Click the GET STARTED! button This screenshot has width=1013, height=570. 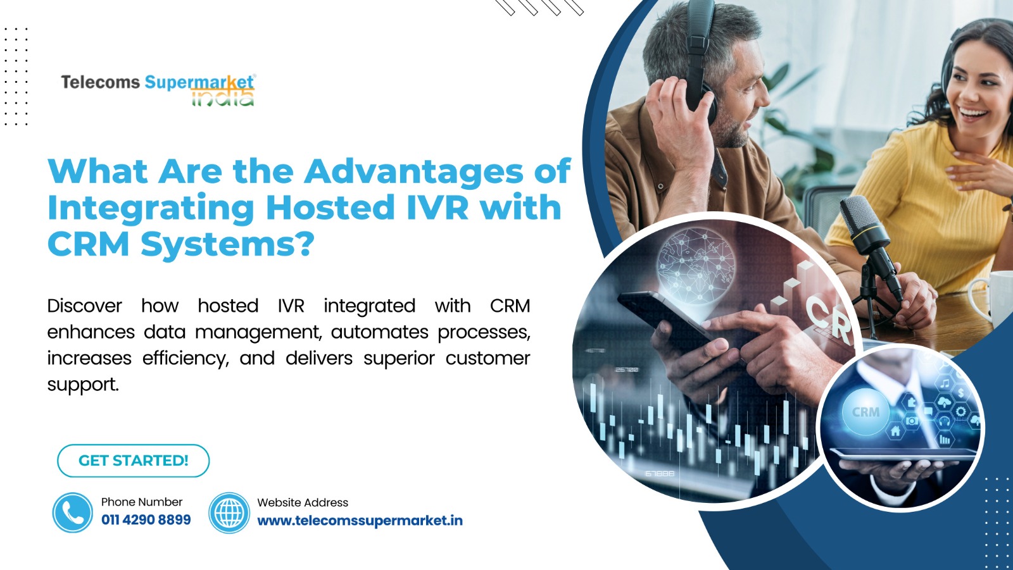(133, 461)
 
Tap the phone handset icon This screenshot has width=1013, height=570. (72, 512)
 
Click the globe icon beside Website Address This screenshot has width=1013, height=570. (229, 512)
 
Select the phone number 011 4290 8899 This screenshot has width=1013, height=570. (146, 520)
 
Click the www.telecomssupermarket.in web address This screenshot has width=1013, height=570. (360, 521)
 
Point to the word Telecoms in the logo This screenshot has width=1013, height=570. (101, 82)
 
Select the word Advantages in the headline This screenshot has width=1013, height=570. (414, 172)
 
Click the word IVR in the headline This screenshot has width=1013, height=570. (437, 208)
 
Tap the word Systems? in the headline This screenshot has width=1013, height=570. (227, 245)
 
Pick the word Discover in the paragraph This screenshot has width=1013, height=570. (85, 306)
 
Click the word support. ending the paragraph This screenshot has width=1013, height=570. (83, 385)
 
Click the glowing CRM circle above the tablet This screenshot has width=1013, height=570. (865, 412)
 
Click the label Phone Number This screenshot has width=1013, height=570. (142, 502)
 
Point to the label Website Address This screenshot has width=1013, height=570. (303, 503)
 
